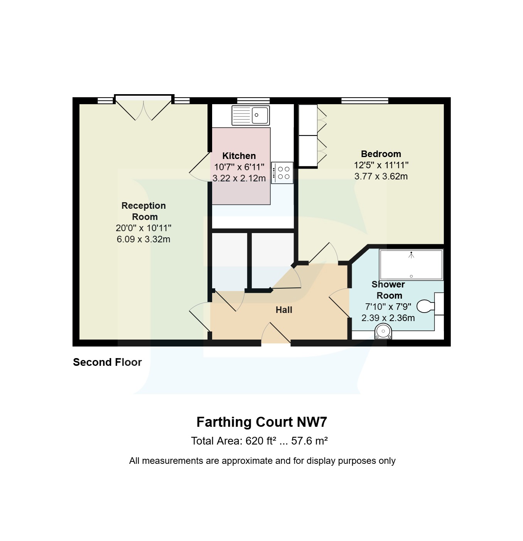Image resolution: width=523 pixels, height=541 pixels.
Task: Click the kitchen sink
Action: pos(251,115)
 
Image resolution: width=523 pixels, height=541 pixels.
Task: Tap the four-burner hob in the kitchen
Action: pos(282,173)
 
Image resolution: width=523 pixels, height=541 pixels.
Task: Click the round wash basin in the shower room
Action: pos(383,331)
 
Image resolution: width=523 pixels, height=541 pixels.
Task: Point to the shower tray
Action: pos(411,265)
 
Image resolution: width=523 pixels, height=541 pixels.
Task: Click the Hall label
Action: pos(284,310)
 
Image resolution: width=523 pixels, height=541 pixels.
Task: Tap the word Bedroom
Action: pos(381,154)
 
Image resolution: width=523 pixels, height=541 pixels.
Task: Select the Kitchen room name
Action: pos(239,156)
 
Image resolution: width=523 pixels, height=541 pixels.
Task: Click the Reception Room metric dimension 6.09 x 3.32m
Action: pos(143,239)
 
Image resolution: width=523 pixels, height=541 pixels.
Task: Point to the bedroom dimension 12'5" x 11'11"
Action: pos(381,165)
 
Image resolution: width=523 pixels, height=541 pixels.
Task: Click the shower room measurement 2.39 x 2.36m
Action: pos(388,318)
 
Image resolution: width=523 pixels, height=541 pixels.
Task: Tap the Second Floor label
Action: pos(107,362)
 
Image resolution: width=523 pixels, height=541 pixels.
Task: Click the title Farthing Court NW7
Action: pos(261,422)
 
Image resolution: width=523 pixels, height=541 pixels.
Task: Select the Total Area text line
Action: pos(259,441)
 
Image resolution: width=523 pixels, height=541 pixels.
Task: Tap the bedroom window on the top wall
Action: pos(364,101)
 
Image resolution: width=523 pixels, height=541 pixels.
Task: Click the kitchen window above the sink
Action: pos(253,101)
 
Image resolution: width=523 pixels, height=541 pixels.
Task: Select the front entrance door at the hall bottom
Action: pos(276,334)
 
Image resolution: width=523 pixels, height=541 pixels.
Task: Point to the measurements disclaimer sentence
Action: pos(262,461)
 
